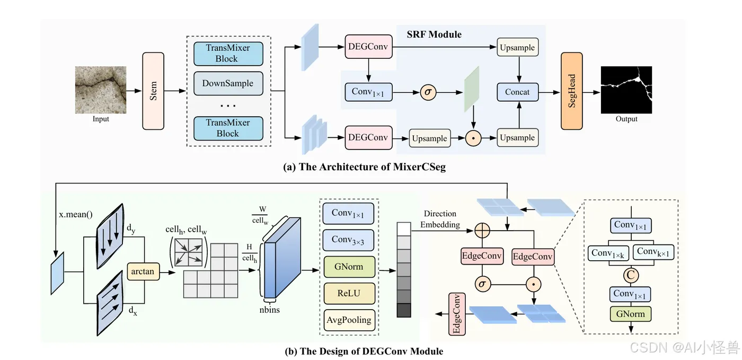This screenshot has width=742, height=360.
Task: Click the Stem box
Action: tap(153, 91)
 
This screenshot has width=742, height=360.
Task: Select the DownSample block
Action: tap(228, 83)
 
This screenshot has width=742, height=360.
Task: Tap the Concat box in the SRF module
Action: tap(517, 92)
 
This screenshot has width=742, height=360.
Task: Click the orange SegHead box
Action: tap(571, 91)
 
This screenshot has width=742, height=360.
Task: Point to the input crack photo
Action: tap(101, 90)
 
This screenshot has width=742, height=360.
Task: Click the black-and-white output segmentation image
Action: tap(626, 90)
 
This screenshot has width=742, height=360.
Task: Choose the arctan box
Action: tap(143, 271)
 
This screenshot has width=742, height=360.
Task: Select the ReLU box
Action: tap(349, 293)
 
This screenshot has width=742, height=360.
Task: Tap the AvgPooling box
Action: tap(349, 320)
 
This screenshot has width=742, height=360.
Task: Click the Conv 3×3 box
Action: tap(348, 240)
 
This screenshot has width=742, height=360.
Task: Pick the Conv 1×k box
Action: tap(608, 253)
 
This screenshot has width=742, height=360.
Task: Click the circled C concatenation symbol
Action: tap(631, 275)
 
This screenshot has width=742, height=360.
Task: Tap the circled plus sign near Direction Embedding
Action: tap(482, 231)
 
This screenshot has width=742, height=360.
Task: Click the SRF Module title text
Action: tap(434, 34)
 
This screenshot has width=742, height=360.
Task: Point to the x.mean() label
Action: tap(75, 215)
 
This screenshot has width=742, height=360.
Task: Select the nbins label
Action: tap(269, 310)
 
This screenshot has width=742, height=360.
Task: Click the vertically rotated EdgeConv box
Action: tap(457, 314)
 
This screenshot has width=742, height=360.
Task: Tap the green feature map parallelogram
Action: tap(472, 89)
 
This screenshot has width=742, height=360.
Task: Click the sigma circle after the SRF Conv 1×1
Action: tap(428, 92)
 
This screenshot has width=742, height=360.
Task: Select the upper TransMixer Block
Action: tap(228, 54)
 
